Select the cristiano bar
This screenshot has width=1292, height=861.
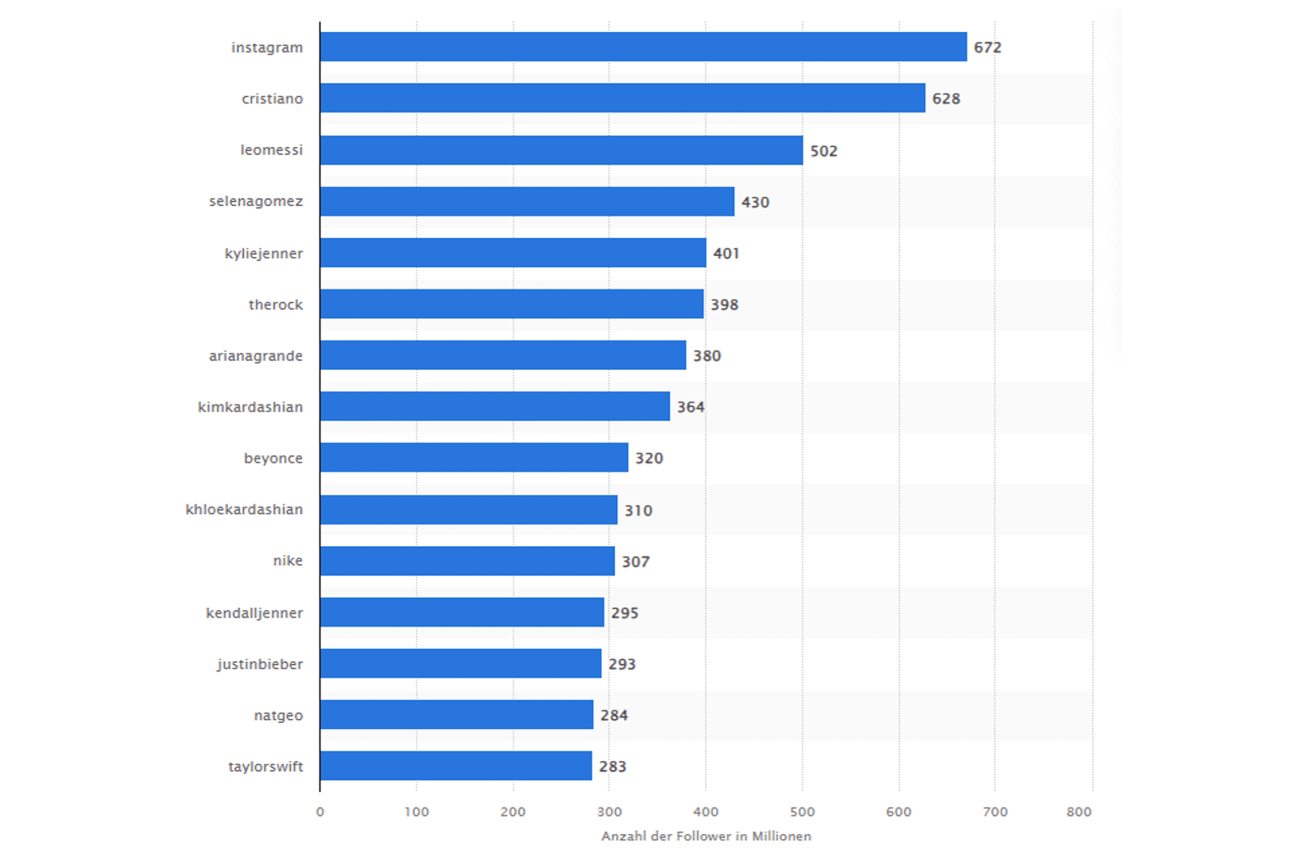coord(622,98)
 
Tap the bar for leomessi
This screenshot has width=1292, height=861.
coord(561,150)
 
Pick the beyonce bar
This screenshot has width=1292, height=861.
coord(474,457)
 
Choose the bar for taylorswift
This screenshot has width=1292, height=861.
coord(456,766)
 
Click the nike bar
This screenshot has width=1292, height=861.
coord(467,561)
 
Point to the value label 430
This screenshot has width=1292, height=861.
coord(756,202)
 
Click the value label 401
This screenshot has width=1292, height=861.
coord(726,253)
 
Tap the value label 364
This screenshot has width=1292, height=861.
coord(690,407)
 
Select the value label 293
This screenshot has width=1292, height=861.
coord(622,664)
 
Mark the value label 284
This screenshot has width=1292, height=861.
coord(614,715)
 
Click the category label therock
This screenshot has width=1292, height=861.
coord(275,304)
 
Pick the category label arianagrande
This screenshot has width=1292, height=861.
coord(255,356)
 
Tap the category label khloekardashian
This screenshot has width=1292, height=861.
coord(244,509)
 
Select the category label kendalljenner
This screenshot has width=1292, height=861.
coord(254,612)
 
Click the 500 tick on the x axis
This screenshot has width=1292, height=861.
coord(802,812)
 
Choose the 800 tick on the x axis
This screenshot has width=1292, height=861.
coord(1079,812)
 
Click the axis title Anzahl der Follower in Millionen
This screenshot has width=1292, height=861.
coord(706,836)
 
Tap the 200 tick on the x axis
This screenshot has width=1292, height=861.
coord(513,812)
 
